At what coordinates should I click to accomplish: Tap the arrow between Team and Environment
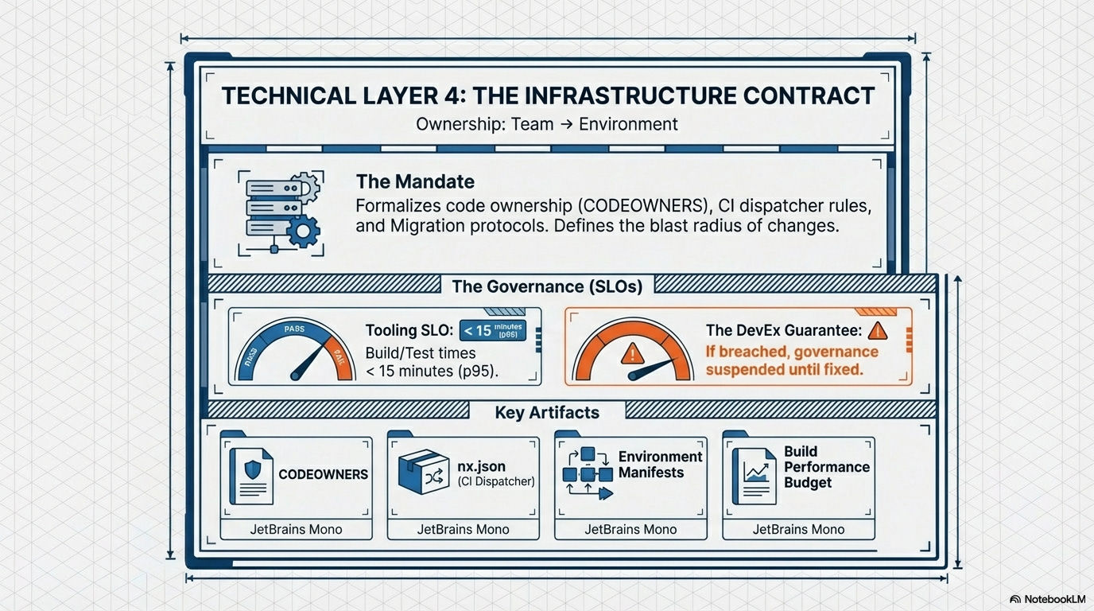565,124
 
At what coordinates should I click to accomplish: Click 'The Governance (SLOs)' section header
546,286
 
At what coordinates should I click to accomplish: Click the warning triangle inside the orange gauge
633,352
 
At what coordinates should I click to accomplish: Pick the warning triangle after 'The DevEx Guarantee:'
878,330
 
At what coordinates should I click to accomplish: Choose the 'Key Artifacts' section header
546,412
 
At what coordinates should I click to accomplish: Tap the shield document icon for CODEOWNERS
251,475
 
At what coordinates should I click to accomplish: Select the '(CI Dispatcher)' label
496,481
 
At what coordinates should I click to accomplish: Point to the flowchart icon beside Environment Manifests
588,473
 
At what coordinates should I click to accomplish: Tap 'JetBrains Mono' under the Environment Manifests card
630,529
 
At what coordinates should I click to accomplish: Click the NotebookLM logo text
1054,598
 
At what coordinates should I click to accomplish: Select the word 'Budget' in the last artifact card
808,482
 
